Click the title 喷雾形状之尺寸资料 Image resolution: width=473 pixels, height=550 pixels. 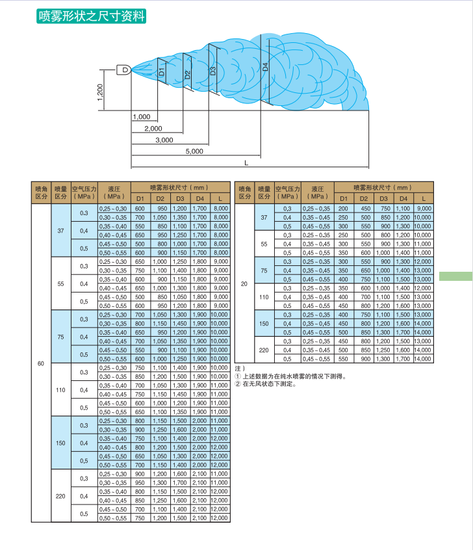91,16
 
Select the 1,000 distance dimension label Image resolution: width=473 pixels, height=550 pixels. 141,117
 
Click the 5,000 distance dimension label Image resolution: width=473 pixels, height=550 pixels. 194,151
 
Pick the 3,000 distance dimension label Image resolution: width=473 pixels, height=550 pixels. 164,140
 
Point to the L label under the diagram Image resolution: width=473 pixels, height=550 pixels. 246,162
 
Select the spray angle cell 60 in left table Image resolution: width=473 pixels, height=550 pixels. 40,363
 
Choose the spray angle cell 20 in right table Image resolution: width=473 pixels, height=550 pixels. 244,283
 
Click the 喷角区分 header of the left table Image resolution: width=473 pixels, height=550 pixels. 41,191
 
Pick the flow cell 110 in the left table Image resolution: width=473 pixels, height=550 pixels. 60,389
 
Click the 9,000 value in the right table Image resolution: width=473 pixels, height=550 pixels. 423,208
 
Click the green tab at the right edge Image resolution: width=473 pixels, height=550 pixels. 455,276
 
